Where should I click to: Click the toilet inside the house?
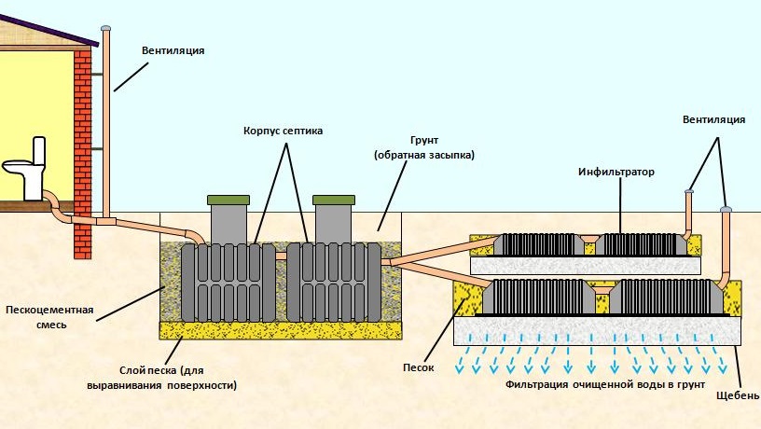(x=28, y=168)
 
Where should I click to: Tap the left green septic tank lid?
(x=228, y=200)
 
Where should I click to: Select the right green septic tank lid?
(x=333, y=200)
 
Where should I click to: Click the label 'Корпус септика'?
(x=283, y=131)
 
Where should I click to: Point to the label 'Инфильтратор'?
(x=616, y=173)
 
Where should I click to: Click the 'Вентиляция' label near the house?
(x=173, y=50)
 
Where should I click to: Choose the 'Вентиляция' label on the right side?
(x=713, y=120)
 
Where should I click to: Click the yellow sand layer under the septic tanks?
(x=281, y=330)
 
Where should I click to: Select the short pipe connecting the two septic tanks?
(x=280, y=255)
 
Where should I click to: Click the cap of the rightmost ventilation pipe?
(x=726, y=209)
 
